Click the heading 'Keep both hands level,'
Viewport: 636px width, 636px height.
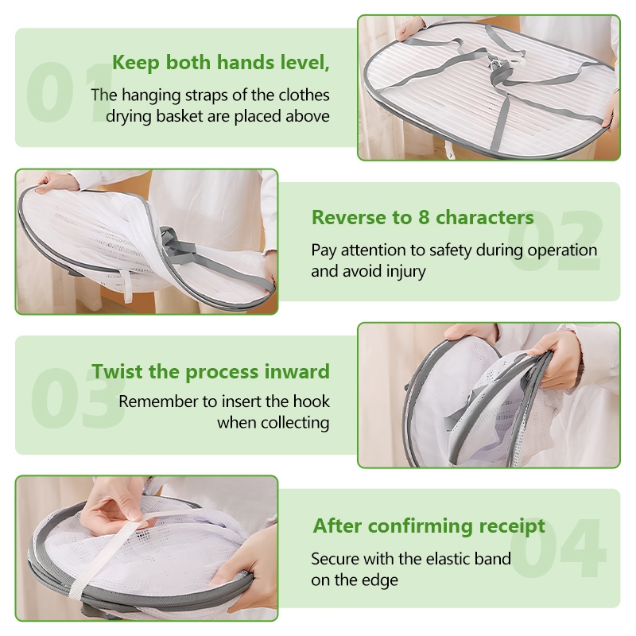221,63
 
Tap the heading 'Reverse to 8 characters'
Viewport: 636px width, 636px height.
423,217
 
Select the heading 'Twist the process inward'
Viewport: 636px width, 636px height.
211,372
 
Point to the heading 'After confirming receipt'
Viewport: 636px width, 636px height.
429,526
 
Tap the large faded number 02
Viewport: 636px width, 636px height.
554,241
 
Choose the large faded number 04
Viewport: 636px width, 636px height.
558,548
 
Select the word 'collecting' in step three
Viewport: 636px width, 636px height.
295,423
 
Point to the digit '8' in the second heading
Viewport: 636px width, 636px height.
424,217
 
